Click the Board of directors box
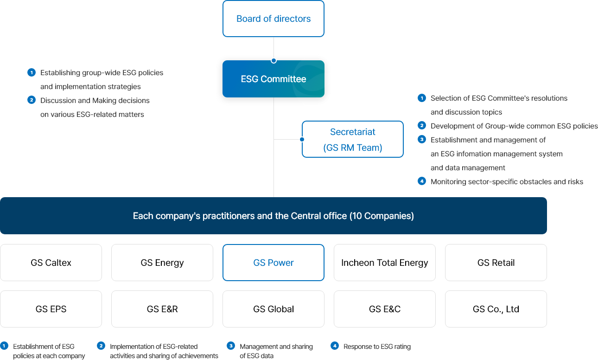point(274,19)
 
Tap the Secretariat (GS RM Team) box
point(353,139)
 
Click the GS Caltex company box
point(51,263)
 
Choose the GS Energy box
point(162,263)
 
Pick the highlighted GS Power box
point(274,263)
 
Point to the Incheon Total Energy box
point(385,263)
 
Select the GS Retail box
point(496,263)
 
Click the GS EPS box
point(51,309)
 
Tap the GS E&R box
point(162,309)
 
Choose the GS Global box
point(274,309)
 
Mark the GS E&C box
point(385,309)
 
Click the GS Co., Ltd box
point(496,309)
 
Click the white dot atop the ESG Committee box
point(274,60)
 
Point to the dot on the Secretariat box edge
point(302,139)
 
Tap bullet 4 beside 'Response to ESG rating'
point(335,346)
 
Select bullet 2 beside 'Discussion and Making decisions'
point(32,100)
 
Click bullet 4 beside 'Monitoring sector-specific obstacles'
point(422,181)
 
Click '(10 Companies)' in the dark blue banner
point(382,216)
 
